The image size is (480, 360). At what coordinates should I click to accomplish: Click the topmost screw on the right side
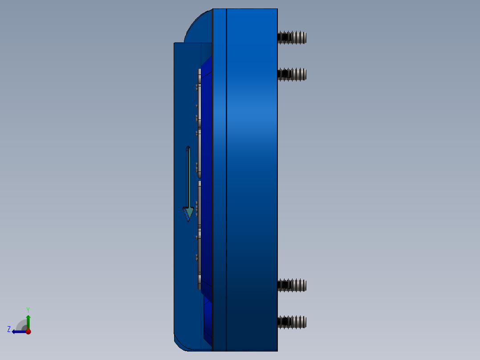[292, 37]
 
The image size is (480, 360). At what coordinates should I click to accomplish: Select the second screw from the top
[292, 74]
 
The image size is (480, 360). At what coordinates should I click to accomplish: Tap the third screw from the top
[292, 285]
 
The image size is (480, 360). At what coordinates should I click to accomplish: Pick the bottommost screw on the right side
[292, 322]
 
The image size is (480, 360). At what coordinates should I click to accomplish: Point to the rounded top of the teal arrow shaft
[188, 148]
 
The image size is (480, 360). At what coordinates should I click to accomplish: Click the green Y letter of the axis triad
[28, 309]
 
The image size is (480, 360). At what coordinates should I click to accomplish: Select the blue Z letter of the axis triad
[9, 329]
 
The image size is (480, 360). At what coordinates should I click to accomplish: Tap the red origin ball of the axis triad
[28, 331]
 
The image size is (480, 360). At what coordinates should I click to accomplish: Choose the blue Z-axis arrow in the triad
[18, 331]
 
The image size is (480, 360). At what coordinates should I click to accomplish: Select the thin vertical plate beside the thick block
[220, 178]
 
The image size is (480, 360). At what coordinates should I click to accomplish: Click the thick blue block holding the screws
[252, 178]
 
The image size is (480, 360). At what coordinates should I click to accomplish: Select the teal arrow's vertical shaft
[188, 178]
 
